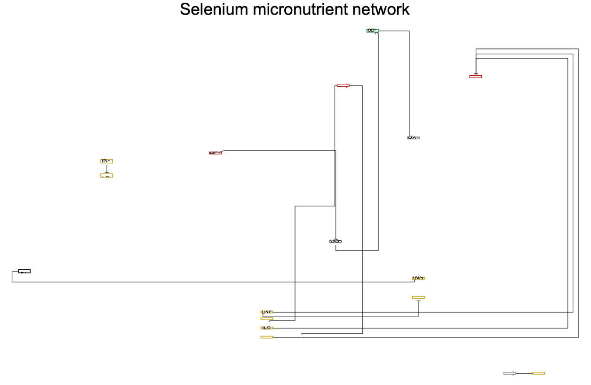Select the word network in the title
coord(383,9)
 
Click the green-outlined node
coord(373,31)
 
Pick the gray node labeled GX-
coord(413,138)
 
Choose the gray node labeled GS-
coord(335,241)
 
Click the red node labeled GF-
coord(215,153)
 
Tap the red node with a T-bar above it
coord(475,76)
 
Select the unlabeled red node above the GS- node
coord(343,85)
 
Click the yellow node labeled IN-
coord(106,161)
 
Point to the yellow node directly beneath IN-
coord(106,176)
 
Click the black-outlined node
coord(24,271)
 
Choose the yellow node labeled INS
coord(418,278)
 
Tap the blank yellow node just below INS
coord(418,297)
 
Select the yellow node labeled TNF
coord(267,312)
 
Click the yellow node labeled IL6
coord(267,328)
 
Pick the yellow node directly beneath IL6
coord(267,337)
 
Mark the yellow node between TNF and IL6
coord(267,319)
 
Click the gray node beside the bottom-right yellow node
coord(510,373)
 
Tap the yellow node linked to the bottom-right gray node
coord(538,373)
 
